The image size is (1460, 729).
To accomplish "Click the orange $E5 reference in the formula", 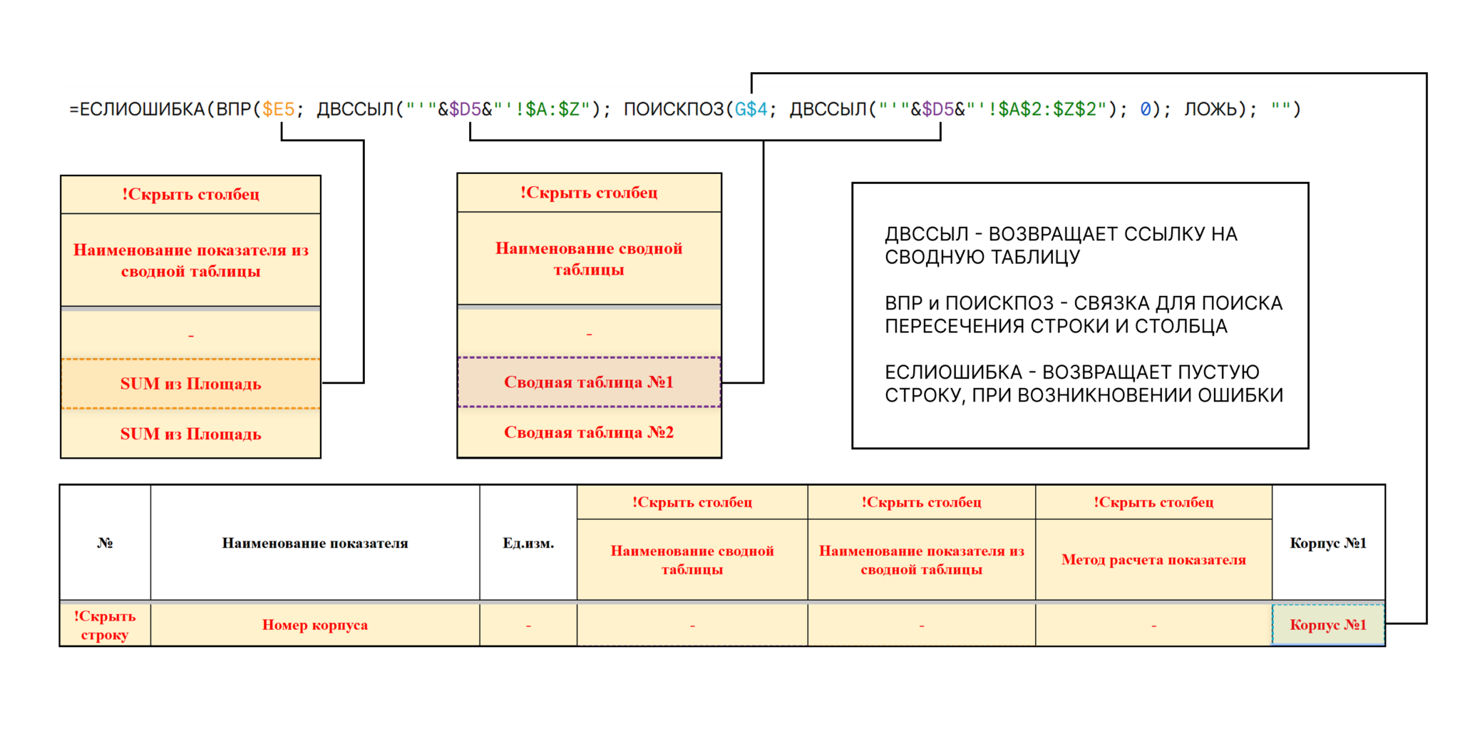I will [x=278, y=109].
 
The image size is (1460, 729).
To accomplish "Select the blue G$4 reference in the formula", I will [x=751, y=109].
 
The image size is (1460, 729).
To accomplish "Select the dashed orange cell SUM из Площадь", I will [x=190, y=384].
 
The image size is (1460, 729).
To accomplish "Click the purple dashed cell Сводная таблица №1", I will [x=589, y=382].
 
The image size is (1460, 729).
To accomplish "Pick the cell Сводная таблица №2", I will [x=589, y=432].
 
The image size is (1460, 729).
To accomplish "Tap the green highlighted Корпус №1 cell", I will [x=1328, y=625].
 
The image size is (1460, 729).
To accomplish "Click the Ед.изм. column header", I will [x=528, y=543].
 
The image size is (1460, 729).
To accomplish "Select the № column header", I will [x=105, y=543].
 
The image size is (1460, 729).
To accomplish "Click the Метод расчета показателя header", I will [x=1153, y=560].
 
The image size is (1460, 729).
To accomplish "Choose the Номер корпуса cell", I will [x=315, y=625].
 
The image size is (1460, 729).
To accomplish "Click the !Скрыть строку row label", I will [x=105, y=625].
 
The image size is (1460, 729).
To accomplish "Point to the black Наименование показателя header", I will [x=315, y=543].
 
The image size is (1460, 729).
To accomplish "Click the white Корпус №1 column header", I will [x=1328, y=543].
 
